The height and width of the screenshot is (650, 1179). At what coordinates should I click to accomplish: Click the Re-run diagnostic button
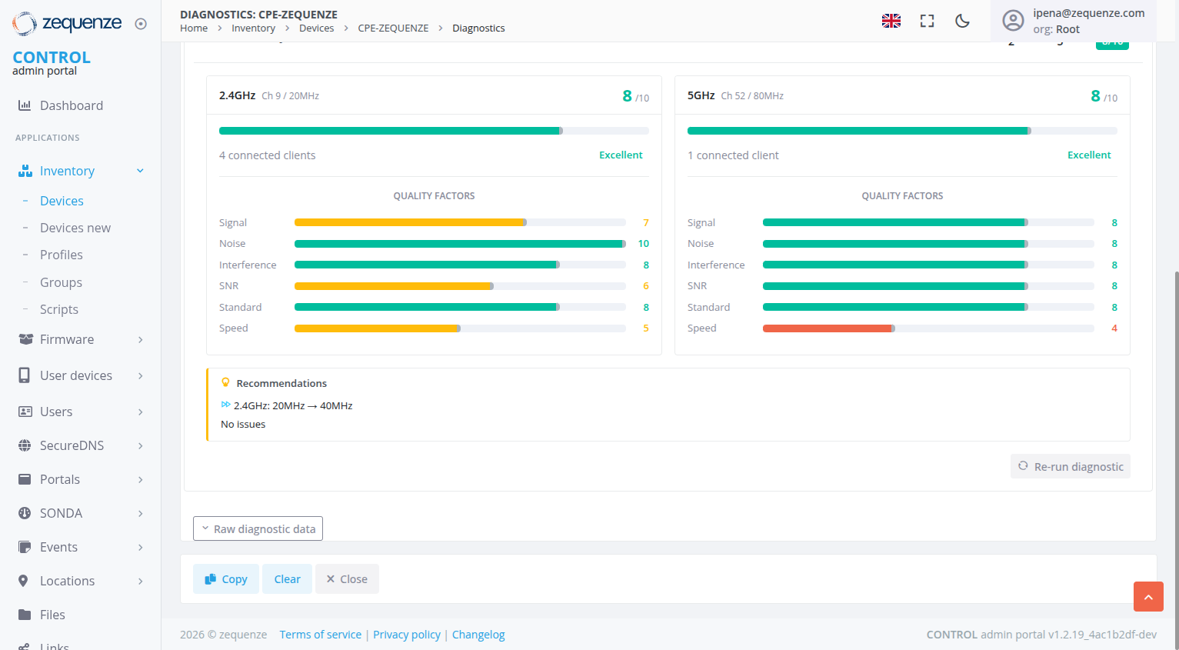(x=1070, y=466)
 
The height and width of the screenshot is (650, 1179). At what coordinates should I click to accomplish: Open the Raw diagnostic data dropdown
(x=258, y=528)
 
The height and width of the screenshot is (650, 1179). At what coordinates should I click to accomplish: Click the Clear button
(x=287, y=579)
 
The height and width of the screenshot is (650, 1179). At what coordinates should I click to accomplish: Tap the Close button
(x=347, y=579)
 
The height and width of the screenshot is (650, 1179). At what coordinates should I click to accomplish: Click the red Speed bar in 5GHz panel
(x=827, y=328)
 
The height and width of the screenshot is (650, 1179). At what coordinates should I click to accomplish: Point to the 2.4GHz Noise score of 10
(x=643, y=244)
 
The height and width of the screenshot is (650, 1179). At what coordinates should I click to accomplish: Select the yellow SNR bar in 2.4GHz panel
(x=393, y=286)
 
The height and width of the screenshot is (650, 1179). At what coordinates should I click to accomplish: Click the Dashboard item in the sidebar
(x=71, y=105)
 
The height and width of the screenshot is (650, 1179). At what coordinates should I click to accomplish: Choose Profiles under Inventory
(x=61, y=255)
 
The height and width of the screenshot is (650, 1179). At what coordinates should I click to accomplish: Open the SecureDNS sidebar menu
(x=72, y=445)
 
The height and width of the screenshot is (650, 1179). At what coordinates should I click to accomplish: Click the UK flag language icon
(x=891, y=21)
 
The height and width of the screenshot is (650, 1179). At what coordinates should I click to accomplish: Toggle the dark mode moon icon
(x=962, y=21)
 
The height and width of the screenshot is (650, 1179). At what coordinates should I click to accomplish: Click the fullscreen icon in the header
(x=927, y=21)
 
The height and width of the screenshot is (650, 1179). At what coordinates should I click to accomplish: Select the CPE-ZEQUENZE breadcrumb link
(x=393, y=28)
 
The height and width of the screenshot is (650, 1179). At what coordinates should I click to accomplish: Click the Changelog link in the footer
(x=478, y=635)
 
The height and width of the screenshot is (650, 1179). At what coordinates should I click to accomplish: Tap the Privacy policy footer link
(x=407, y=635)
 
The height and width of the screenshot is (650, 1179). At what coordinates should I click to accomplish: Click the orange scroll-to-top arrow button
(x=1147, y=597)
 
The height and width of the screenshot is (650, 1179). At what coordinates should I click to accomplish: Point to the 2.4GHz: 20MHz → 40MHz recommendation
(x=292, y=405)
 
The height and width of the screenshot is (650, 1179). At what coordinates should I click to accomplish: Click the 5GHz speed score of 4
(x=1114, y=328)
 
